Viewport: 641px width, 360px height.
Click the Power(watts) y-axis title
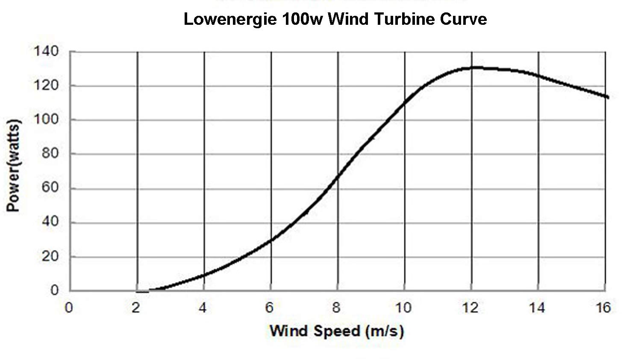click(x=14, y=166)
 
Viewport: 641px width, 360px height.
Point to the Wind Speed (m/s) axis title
click(x=336, y=331)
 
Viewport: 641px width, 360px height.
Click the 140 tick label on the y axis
click(x=46, y=51)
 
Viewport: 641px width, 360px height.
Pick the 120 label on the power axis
click(x=46, y=86)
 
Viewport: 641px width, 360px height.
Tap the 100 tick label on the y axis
click(x=46, y=119)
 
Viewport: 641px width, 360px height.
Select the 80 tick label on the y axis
click(x=50, y=153)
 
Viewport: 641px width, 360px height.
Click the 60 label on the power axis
click(x=50, y=188)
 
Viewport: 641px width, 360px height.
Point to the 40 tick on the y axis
click(x=50, y=222)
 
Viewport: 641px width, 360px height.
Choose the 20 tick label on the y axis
click(x=50, y=257)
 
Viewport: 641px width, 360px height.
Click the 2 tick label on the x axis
click(x=136, y=307)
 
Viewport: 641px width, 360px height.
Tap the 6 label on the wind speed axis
click(x=269, y=307)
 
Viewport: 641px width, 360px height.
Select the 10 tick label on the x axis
click(x=403, y=307)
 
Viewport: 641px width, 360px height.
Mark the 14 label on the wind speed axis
click(x=537, y=307)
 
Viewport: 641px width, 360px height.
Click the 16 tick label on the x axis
click(x=603, y=307)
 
